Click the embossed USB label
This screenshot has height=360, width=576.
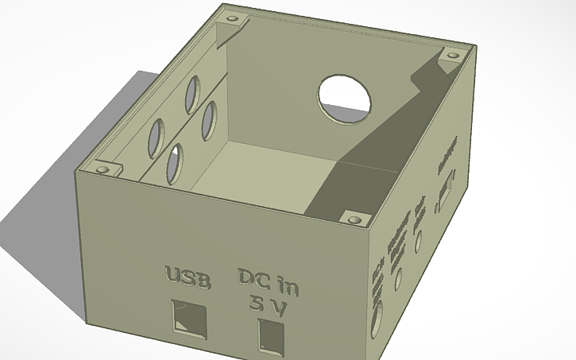[187, 278]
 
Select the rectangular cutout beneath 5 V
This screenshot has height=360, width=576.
[271, 334]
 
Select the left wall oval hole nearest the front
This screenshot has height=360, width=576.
[156, 137]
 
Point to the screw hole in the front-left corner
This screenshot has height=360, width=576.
[102, 169]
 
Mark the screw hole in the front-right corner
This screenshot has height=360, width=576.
[353, 217]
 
